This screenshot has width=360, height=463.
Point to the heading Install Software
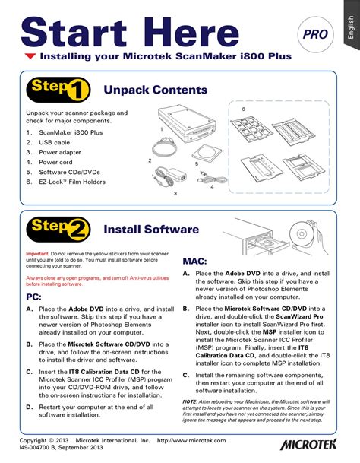coord(151,228)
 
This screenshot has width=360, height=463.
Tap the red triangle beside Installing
coord(30,56)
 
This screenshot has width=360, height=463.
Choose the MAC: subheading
coord(195,261)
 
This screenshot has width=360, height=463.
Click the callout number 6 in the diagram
coord(243,109)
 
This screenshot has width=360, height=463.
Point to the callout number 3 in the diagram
coord(175,194)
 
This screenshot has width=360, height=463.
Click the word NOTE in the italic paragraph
coord(192,400)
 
